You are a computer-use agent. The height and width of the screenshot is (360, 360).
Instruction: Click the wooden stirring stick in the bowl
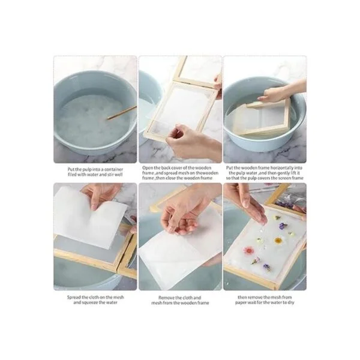(122, 113)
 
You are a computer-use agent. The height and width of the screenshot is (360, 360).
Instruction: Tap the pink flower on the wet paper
(248, 250)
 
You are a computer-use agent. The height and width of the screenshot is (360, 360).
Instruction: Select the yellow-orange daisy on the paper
(278, 241)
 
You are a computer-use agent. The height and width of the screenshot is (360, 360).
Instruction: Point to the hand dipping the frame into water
(280, 92)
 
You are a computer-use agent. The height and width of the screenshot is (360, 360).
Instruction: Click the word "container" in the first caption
(113, 169)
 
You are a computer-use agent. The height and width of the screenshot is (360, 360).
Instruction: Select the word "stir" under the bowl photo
(110, 175)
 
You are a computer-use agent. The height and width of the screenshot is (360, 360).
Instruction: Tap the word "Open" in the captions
(147, 168)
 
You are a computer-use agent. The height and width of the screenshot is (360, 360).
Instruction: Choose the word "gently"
(284, 173)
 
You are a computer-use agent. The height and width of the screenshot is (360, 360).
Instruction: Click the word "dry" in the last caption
(291, 302)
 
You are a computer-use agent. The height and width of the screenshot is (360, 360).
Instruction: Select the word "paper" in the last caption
(241, 302)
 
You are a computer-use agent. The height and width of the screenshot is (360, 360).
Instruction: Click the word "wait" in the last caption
(251, 302)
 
